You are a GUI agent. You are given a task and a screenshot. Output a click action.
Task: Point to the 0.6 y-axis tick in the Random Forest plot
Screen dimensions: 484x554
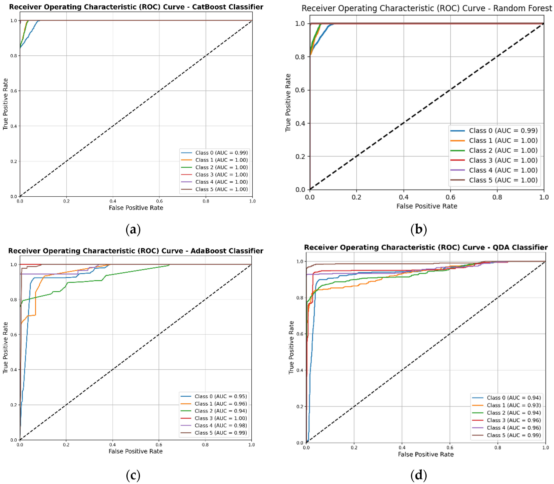[300, 90]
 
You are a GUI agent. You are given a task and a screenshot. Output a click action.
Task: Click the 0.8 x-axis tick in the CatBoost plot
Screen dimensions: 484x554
[206, 201]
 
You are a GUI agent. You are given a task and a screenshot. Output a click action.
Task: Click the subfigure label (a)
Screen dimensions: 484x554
[133, 230]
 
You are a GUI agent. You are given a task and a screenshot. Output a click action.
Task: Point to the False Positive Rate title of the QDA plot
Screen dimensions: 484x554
[426, 454]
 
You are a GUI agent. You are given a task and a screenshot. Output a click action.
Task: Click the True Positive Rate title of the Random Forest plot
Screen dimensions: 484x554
[288, 103]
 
